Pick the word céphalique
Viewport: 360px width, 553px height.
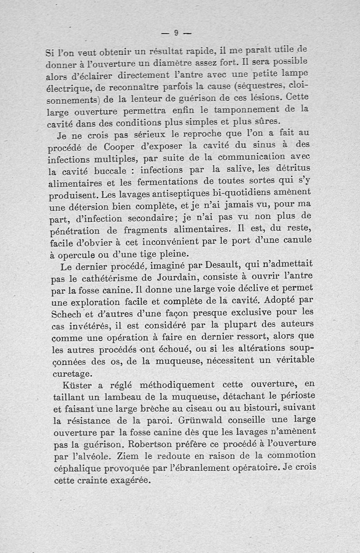pyautogui.click(x=76, y=469)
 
